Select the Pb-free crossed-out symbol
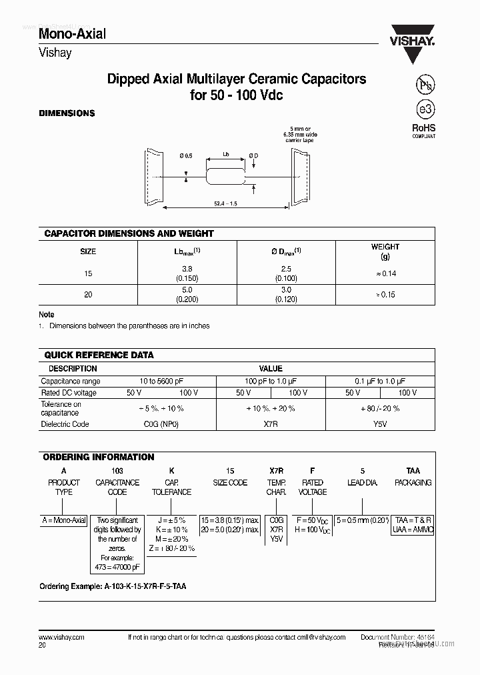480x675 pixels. [x=423, y=85]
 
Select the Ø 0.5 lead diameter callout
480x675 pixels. [x=185, y=156]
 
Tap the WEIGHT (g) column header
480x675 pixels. [x=385, y=251]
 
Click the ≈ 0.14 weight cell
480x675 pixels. [x=385, y=273]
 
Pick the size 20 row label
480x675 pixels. [x=88, y=294]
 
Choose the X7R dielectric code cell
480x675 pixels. [x=271, y=424]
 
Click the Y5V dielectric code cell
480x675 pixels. [x=380, y=424]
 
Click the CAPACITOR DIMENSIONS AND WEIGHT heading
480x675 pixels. [x=129, y=233]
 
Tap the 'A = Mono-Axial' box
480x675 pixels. [x=64, y=520]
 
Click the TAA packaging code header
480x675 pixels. [x=413, y=470]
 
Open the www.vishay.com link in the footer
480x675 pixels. [x=61, y=637]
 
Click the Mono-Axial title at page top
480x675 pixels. [x=72, y=33]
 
